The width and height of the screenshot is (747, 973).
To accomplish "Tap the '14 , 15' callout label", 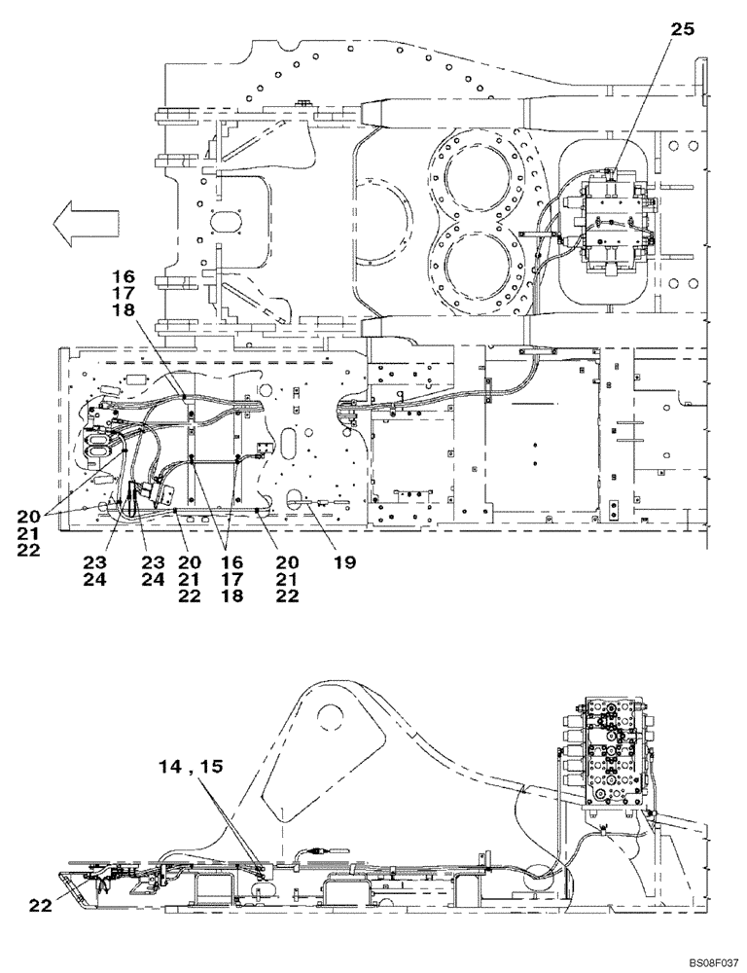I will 192,766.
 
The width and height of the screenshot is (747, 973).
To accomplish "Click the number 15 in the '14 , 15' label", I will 211,766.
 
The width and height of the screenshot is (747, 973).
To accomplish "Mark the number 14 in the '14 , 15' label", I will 171,766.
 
